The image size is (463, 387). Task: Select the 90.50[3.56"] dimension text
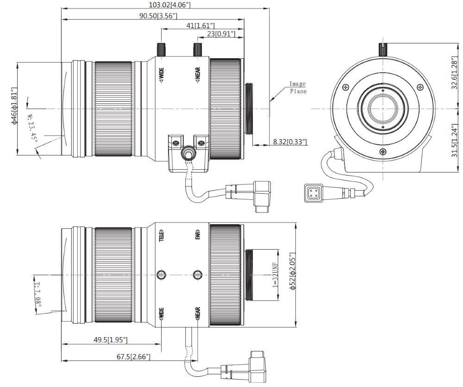click(158, 16)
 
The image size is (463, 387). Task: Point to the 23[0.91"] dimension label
click(221, 34)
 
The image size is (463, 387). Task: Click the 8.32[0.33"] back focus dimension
click(290, 142)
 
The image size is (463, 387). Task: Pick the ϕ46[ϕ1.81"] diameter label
click(13, 105)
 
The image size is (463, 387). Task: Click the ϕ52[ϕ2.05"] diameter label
click(292, 271)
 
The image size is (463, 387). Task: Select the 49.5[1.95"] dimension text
click(111, 340)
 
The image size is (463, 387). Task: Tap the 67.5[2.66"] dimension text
click(133, 357)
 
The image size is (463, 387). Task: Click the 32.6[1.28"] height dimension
click(455, 74)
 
